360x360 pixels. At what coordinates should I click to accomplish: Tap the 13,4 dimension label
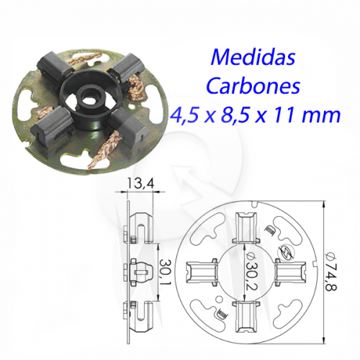[140, 184]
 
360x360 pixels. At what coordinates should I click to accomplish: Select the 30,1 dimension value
[166, 271]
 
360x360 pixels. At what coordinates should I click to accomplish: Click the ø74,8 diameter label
[331, 271]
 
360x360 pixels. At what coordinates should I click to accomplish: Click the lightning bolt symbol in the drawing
[285, 253]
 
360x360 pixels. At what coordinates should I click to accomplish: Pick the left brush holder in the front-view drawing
[202, 272]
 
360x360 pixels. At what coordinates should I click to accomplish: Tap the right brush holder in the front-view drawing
[290, 272]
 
